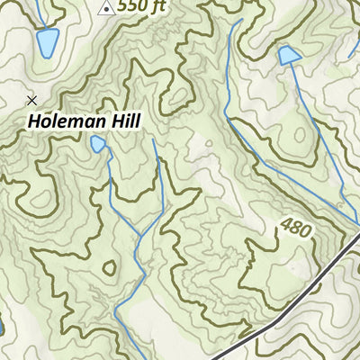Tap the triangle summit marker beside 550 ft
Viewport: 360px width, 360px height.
(x=106, y=8)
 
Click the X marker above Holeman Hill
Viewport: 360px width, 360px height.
(x=32, y=100)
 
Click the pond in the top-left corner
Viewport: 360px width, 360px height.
(x=47, y=41)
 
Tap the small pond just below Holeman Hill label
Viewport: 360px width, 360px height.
(x=97, y=144)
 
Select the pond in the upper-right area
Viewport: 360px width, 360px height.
(x=289, y=56)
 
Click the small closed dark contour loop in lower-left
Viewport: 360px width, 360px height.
(x=110, y=267)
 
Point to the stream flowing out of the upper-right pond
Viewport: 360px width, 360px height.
(x=306, y=108)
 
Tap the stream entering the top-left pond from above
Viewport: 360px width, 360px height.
(x=39, y=13)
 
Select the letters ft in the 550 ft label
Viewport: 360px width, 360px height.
(x=158, y=6)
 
